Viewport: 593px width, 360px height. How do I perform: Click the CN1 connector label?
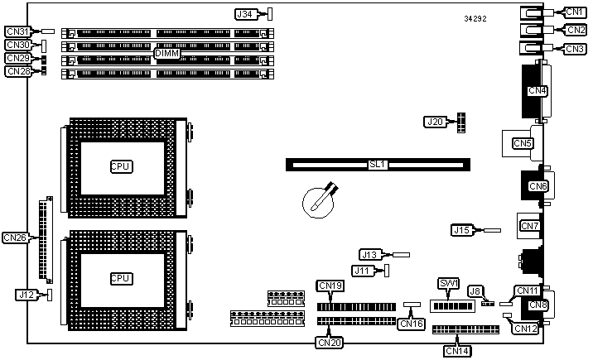tap(575, 12)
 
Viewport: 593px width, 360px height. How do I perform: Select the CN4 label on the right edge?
tap(538, 90)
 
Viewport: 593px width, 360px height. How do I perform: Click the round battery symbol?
tap(316, 201)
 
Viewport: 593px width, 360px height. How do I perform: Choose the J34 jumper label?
tap(245, 14)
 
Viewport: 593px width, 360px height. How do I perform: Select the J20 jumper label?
tap(436, 122)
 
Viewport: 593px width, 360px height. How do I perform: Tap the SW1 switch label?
tap(449, 284)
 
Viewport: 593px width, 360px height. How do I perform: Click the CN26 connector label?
tap(16, 238)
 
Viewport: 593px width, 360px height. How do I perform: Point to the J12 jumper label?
tap(27, 294)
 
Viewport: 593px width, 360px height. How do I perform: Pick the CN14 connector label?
tap(458, 351)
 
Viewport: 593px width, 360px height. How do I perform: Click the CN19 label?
tap(330, 286)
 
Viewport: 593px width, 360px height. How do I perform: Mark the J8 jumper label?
tap(475, 290)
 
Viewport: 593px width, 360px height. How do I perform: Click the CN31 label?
tap(18, 31)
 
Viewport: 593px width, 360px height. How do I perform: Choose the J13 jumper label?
tap(370, 255)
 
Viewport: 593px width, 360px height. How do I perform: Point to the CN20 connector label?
tap(330, 340)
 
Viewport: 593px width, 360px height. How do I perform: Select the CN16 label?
tap(411, 324)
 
